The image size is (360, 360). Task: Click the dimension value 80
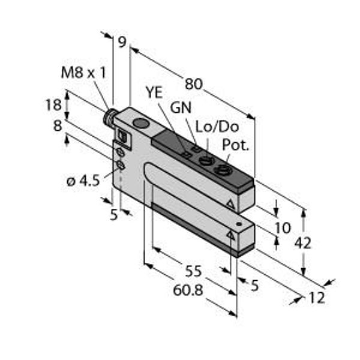click(x=193, y=84)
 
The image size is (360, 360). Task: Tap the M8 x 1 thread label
click(x=84, y=73)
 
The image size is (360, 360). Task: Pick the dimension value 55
click(x=193, y=271)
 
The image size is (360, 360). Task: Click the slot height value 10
click(x=283, y=227)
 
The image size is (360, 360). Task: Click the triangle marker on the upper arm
click(x=230, y=204)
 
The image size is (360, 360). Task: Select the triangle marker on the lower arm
click(x=230, y=236)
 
